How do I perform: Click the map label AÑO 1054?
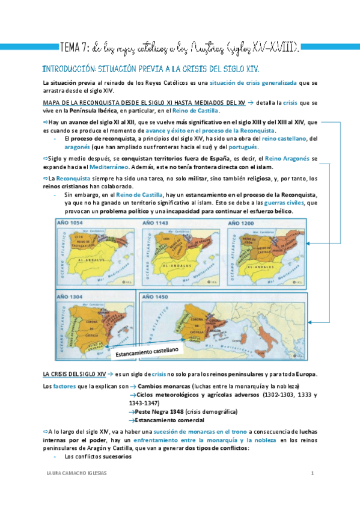coord(70,223)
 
